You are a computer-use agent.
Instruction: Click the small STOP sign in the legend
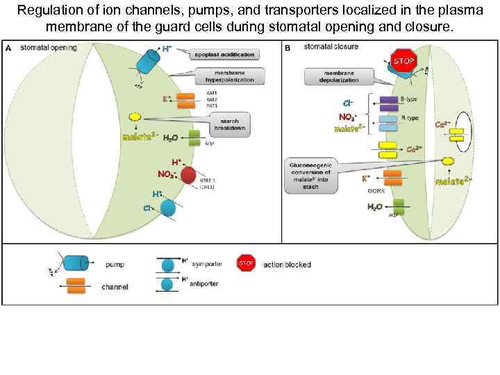tap(246, 263)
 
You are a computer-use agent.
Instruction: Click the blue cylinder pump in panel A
tap(149, 62)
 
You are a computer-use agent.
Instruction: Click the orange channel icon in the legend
tap(70, 285)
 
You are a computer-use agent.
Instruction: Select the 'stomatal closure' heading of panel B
tap(331, 47)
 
